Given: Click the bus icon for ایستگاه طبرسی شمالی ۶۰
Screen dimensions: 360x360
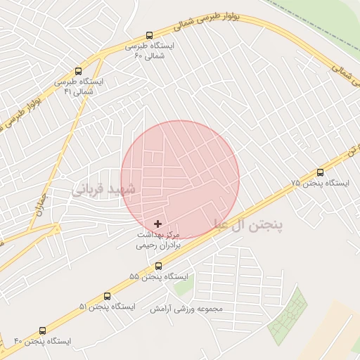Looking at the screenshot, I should click(149, 35).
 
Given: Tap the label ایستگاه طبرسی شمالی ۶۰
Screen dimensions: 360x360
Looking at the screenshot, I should click(149, 51).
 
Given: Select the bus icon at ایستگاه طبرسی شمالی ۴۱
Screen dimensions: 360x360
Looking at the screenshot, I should click(78, 71).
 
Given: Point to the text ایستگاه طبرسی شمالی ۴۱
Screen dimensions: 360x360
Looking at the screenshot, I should click(79, 86).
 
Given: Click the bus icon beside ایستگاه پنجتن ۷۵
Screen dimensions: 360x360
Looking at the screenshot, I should click(321, 172).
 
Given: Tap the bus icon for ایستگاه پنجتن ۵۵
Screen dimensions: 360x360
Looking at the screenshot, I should click(158, 266).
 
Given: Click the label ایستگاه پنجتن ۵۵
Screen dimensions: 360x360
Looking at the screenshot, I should click(159, 277).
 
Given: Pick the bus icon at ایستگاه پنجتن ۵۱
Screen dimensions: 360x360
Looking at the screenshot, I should click(108, 296).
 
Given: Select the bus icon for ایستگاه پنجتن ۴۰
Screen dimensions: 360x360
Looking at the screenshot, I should click(43, 330).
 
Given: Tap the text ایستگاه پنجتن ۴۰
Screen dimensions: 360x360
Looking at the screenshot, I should click(43, 342).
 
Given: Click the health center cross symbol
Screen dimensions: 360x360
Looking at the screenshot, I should click(156, 223).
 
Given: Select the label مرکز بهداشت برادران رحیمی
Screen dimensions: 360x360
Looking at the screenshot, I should click(159, 240).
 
